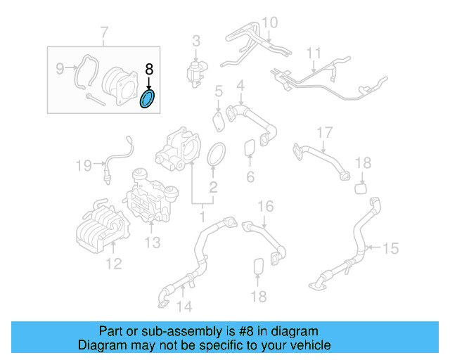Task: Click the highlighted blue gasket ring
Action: pos(148,99)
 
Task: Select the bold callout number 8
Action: pos(148,69)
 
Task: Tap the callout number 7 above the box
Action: pos(104,32)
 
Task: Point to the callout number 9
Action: pos(60,68)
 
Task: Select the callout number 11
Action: pos(313,53)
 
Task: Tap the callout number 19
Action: pos(84,166)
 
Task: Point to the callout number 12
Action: pos(113,264)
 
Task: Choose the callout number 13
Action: pos(153,243)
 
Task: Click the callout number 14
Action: pos(184,306)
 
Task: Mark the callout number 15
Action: pos(390,248)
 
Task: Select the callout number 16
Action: pos(264,206)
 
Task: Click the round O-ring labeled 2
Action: pos(217,155)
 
